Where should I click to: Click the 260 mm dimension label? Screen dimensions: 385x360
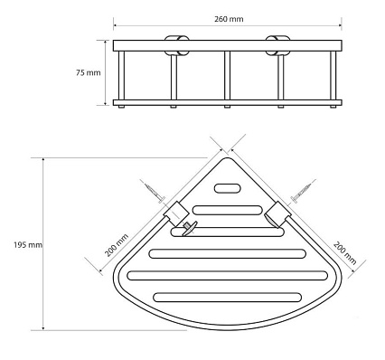click(229, 19)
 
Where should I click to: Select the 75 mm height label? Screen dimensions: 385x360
click(88, 72)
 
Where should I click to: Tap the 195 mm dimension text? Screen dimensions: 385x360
click(28, 245)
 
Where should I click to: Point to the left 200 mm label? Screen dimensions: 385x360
click(117, 245)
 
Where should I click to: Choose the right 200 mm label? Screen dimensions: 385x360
click(345, 252)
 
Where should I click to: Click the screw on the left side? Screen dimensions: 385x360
click(155, 192)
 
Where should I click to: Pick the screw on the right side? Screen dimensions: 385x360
click(301, 192)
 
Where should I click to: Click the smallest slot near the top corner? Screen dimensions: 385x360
click(228, 188)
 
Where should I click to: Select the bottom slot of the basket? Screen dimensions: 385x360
click(228, 298)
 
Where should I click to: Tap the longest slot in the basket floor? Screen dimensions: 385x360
click(228, 276)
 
